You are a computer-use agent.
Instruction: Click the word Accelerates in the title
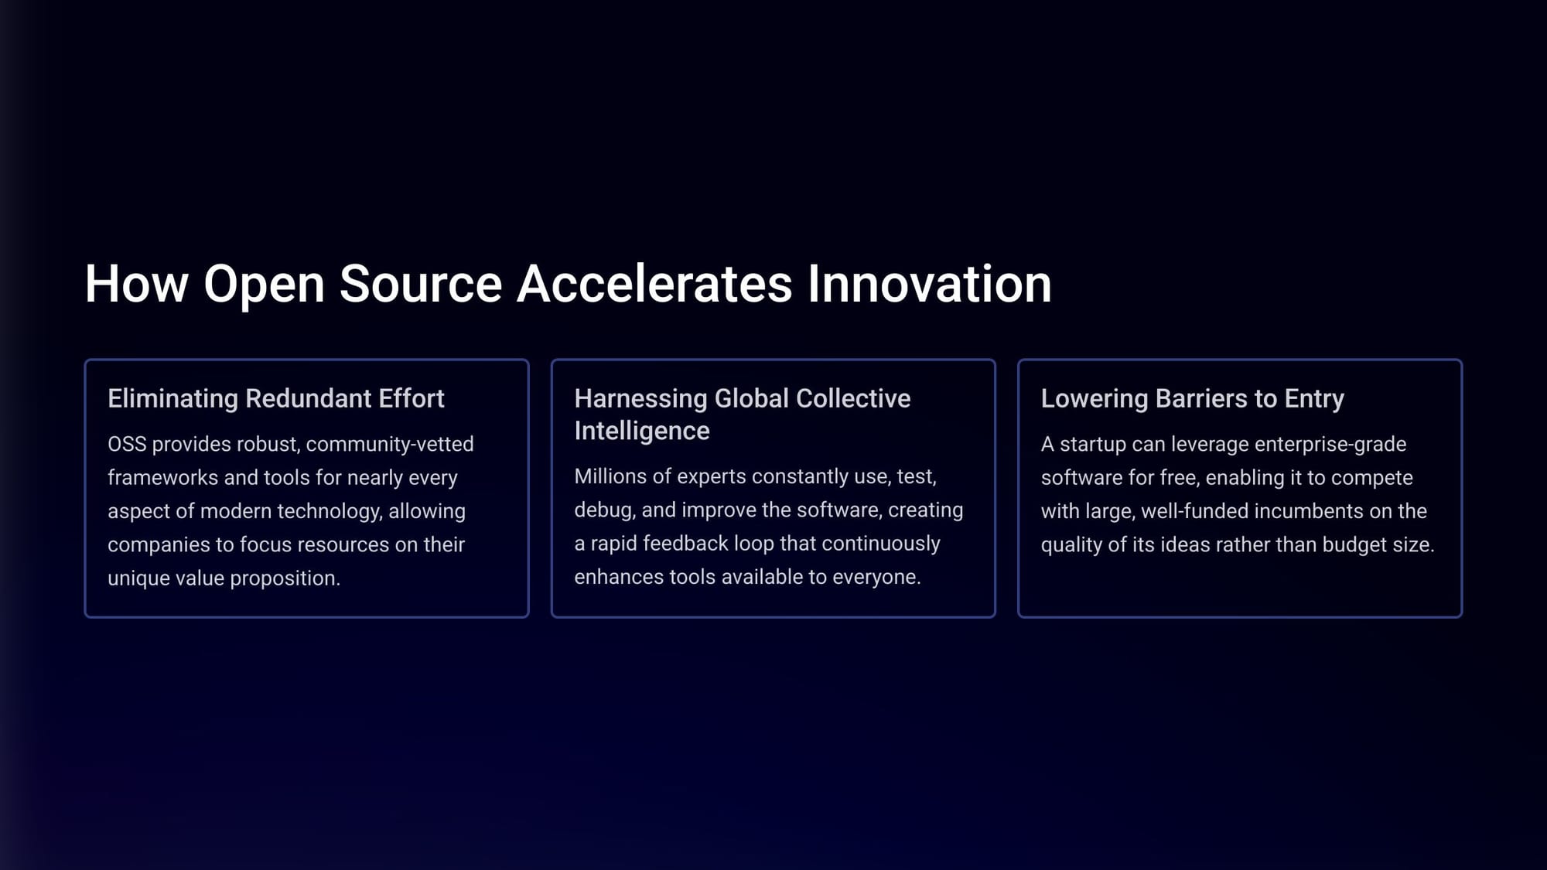(654, 284)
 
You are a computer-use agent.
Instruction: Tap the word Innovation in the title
(930, 284)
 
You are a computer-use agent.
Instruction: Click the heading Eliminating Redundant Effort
(276, 398)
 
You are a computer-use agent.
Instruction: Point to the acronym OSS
(127, 444)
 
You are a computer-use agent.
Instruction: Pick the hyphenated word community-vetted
(390, 445)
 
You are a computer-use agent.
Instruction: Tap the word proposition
(285, 579)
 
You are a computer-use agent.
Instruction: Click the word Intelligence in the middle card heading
(642, 432)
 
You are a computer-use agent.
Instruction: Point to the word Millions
(610, 476)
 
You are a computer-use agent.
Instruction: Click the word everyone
(876, 578)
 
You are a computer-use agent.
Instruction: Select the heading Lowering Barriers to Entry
(1193, 399)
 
